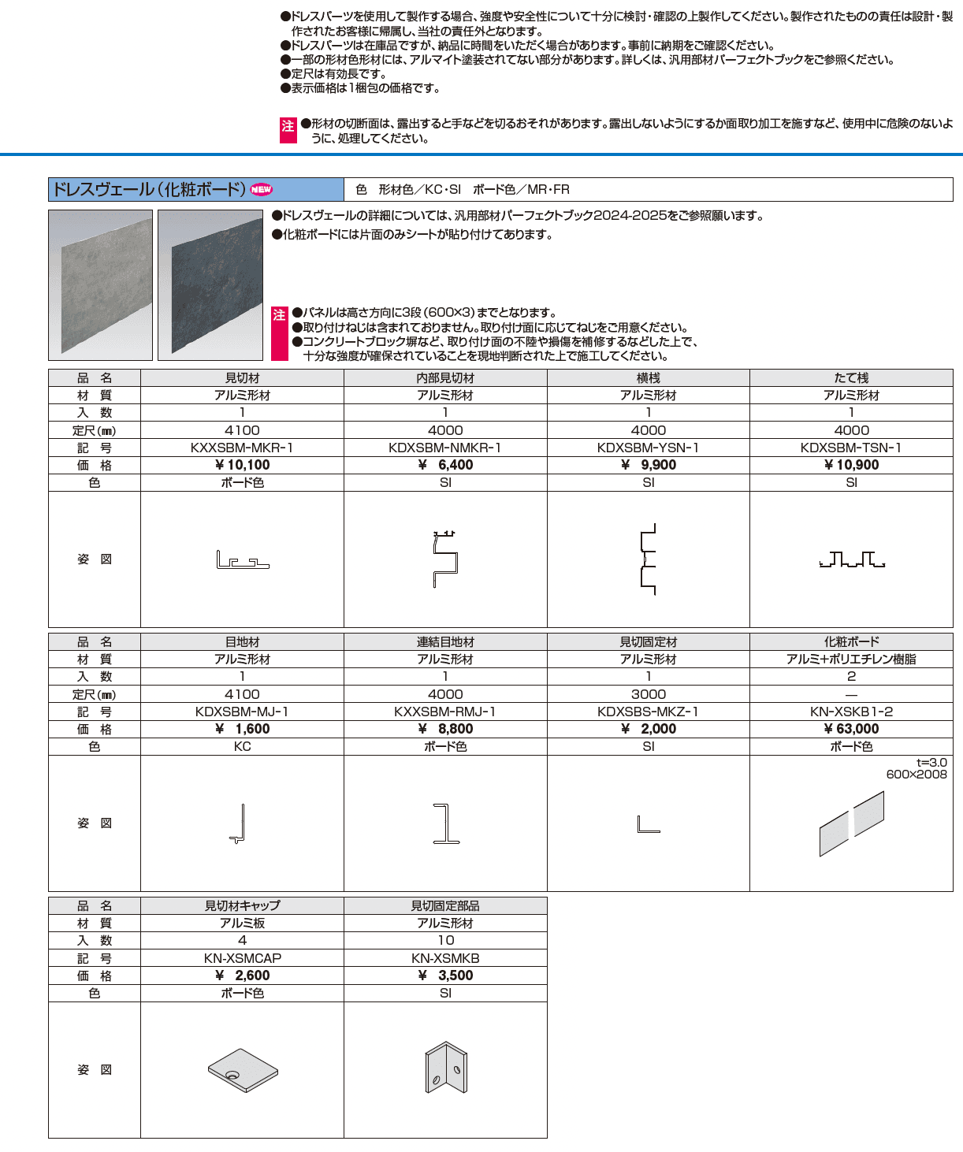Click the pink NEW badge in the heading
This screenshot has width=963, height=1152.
(261, 189)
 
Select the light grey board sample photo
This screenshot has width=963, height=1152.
(100, 284)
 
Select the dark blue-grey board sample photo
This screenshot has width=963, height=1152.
(210, 284)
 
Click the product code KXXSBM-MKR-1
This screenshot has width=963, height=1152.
(242, 448)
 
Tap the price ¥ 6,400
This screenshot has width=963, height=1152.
(445, 465)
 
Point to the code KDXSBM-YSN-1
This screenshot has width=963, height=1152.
(648, 448)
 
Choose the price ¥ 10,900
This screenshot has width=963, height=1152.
(851, 465)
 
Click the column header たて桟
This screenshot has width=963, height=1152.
(851, 378)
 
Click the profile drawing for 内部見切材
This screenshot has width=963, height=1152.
(445, 559)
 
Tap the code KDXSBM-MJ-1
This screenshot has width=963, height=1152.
(242, 712)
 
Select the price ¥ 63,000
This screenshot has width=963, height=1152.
(851, 729)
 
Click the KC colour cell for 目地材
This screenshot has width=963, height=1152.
(242, 746)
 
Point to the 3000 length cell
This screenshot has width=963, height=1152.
(648, 694)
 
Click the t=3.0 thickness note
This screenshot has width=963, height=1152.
(931, 763)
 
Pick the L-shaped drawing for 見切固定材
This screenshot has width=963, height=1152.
(648, 825)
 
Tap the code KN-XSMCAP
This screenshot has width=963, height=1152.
(242, 958)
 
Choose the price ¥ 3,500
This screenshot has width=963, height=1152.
(445, 975)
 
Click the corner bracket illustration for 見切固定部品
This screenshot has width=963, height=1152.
(446, 1068)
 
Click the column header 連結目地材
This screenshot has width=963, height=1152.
(445, 642)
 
